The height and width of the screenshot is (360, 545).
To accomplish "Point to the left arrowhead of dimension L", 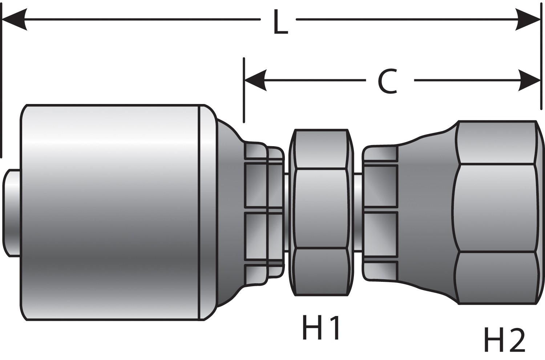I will tap(15, 19).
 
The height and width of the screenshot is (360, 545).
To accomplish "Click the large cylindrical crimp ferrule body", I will tap(109, 213).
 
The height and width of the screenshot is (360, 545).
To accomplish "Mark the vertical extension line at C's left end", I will tap(244, 91).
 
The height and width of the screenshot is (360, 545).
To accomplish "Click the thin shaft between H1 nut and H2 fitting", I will tap(358, 213).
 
